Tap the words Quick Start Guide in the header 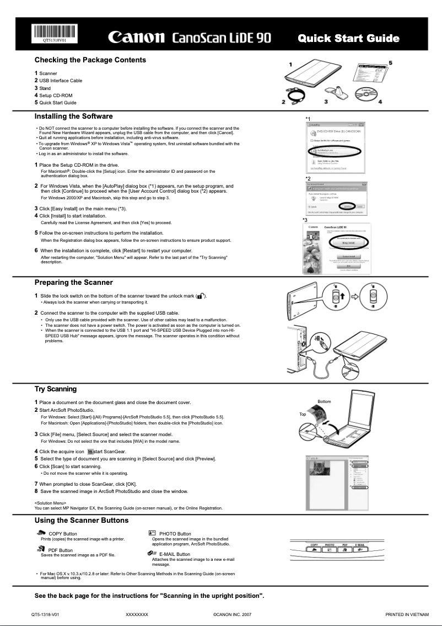(x=348, y=38)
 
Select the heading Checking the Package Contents (x=90, y=60)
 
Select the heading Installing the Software (x=73, y=116)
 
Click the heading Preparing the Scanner (x=73, y=283)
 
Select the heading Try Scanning (x=56, y=389)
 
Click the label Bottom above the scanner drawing (x=325, y=401)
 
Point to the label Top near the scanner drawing (x=303, y=414)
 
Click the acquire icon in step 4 (x=90, y=452)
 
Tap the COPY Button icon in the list (x=41, y=533)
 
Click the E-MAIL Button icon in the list (x=152, y=553)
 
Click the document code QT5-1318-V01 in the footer (x=45, y=614)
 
